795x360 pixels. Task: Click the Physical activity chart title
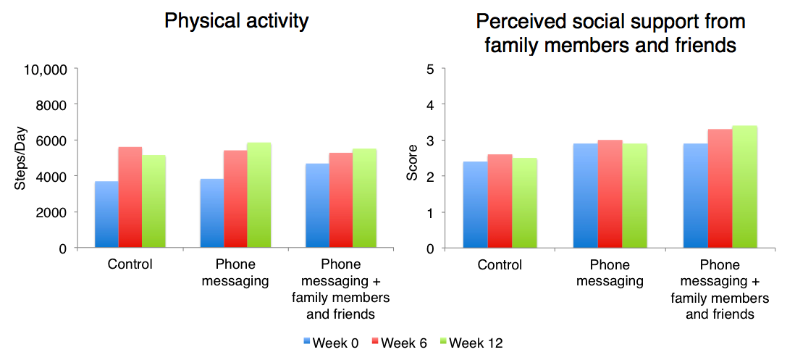236,21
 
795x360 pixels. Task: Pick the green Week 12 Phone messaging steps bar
258,195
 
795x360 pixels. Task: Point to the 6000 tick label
52,141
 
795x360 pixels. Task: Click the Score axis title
412,160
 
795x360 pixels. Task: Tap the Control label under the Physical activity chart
130,264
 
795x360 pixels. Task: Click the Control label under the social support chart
500,264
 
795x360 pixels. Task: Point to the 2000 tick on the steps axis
52,212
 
